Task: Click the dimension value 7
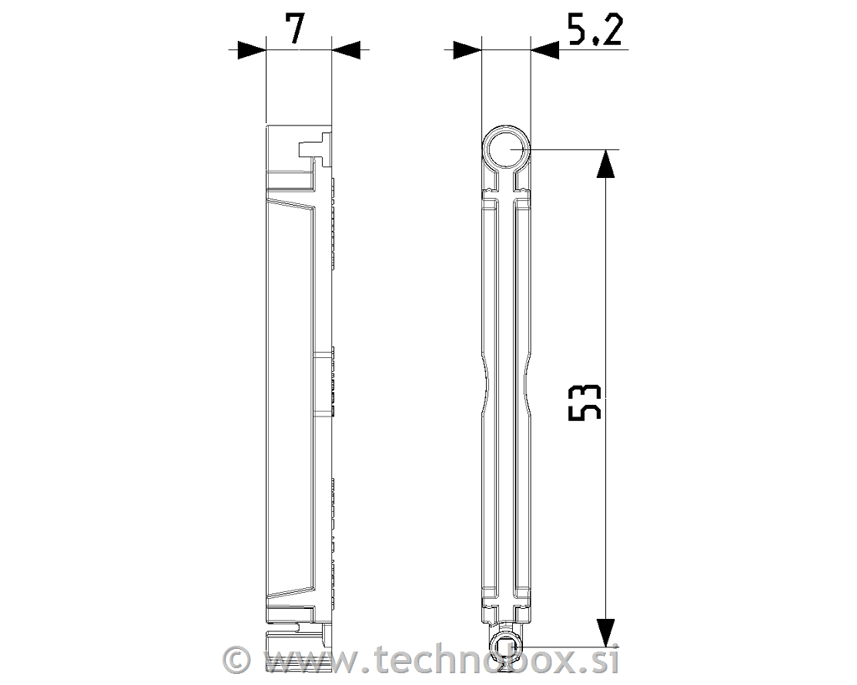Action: [295, 29]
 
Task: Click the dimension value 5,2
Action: [595, 30]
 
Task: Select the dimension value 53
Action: [585, 402]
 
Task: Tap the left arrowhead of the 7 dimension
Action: [251, 49]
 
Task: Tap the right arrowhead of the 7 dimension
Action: [346, 49]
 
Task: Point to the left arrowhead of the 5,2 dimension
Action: [467, 51]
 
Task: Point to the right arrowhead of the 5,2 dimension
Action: [545, 51]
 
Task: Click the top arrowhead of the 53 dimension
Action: [605, 163]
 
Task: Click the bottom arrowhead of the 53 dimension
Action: [605, 632]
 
